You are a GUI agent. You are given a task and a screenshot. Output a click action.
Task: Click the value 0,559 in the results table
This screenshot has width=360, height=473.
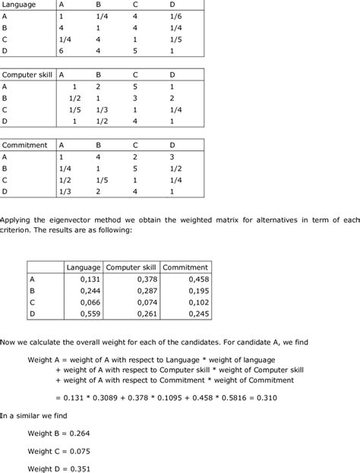pyautogui.click(x=90, y=313)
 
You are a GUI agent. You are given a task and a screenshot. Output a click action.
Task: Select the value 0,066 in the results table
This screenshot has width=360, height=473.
pyautogui.click(x=90, y=301)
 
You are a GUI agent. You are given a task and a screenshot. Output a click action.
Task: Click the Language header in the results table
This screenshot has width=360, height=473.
pyautogui.click(x=84, y=267)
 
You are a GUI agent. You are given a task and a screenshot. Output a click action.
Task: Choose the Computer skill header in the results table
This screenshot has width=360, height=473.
pyautogui.click(x=131, y=267)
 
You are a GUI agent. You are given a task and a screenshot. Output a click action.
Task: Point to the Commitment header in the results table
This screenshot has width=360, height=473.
pyautogui.click(x=186, y=267)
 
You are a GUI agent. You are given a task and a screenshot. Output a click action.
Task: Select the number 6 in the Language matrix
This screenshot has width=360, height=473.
pyautogui.click(x=62, y=51)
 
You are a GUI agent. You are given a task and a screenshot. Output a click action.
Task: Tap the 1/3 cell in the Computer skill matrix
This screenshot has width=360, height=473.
pyautogui.click(x=102, y=109)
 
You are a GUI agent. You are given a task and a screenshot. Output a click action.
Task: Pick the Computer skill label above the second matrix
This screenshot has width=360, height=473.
pyautogui.click(x=25, y=74)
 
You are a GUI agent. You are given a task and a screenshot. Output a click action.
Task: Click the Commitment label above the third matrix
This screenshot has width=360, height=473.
pyautogui.click(x=25, y=145)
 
